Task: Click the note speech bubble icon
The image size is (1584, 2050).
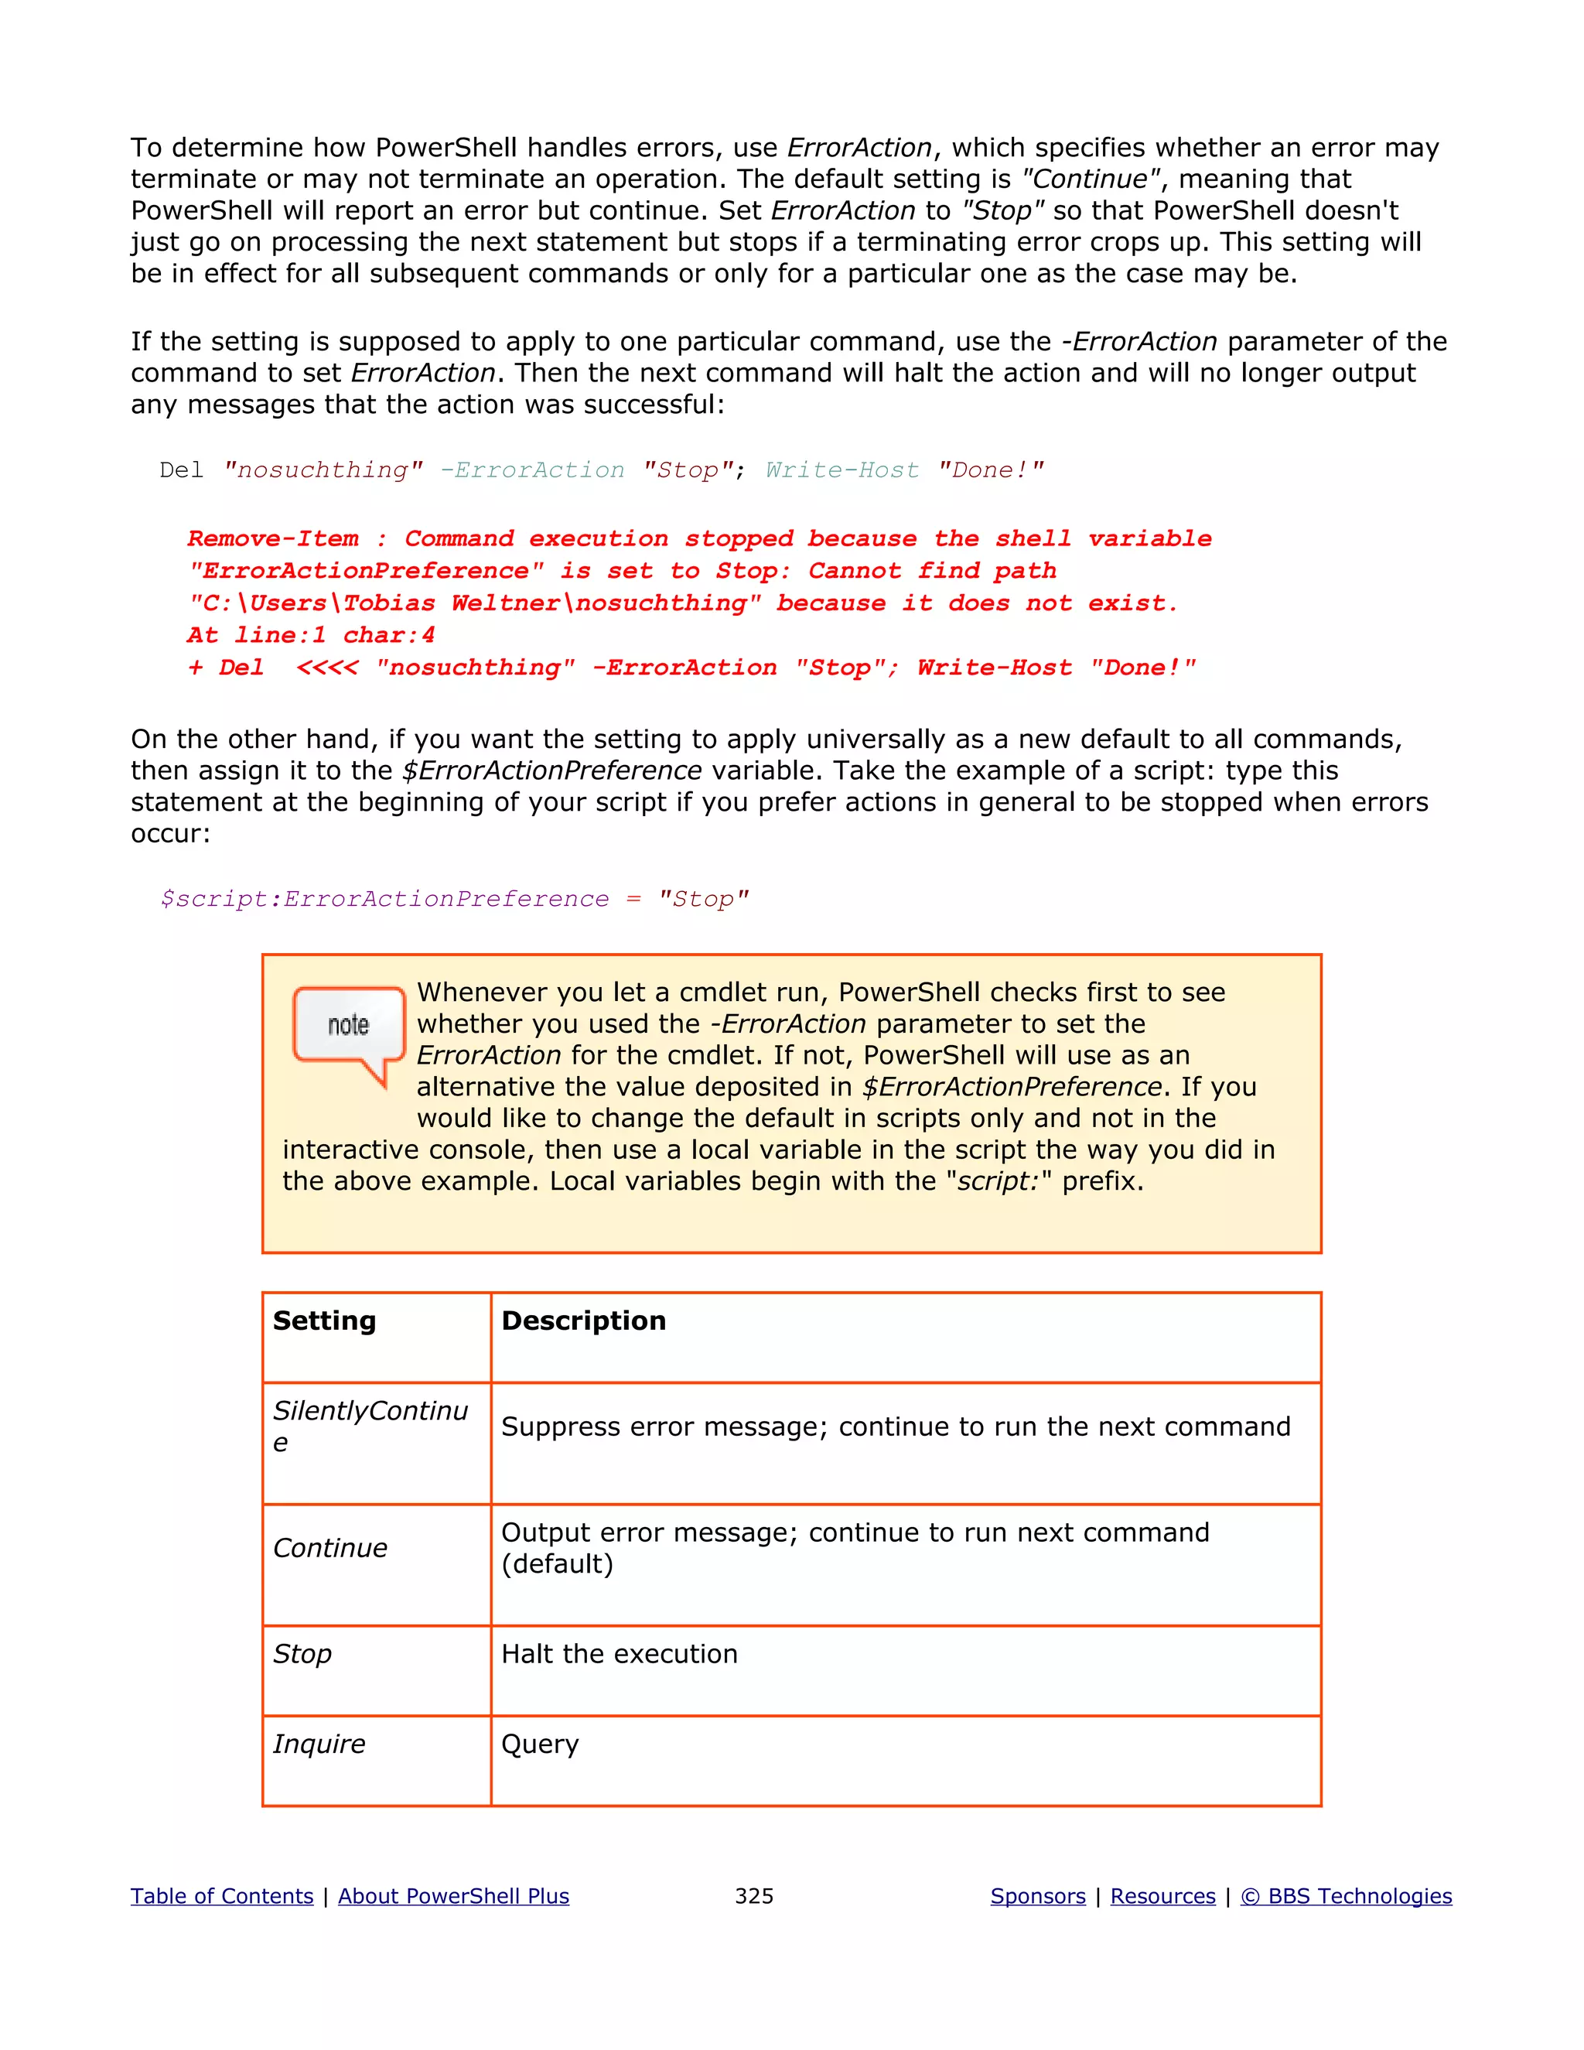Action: click(348, 1030)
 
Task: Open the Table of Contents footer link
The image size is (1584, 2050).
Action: click(221, 1896)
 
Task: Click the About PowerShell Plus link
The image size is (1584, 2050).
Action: click(453, 1896)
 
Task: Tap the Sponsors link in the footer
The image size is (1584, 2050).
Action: click(1038, 1896)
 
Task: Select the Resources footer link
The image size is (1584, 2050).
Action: click(1162, 1896)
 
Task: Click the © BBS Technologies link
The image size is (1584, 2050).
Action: click(1346, 1896)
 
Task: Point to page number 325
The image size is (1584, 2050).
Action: click(753, 1896)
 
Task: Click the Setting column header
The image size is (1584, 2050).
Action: click(325, 1321)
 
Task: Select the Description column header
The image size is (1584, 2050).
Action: click(584, 1321)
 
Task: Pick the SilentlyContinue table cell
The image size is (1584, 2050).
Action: click(370, 1426)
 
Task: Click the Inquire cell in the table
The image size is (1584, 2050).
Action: click(319, 1744)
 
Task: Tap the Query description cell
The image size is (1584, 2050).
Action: click(540, 1744)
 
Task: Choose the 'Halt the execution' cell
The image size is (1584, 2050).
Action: click(620, 1654)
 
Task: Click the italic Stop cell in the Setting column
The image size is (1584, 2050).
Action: click(302, 1654)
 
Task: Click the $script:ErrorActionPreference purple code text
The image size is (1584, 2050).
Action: click(384, 899)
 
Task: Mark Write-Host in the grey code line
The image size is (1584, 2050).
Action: click(841, 470)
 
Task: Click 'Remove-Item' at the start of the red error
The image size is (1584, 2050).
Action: click(272, 538)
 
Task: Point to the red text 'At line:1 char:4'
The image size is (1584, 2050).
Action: click(311, 635)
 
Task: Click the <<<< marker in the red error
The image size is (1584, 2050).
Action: click(326, 668)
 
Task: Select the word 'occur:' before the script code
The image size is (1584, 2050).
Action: click(170, 833)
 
